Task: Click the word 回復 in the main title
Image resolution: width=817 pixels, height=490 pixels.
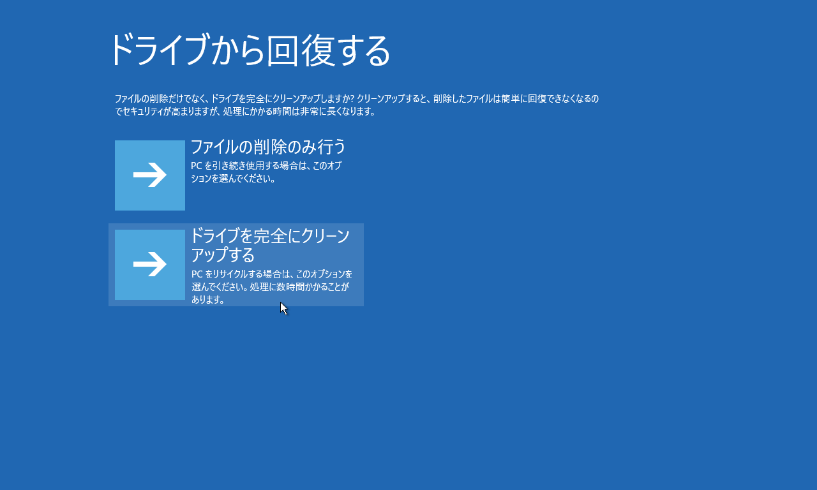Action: point(301,50)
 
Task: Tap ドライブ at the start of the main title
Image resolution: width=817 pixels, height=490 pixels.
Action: point(158,50)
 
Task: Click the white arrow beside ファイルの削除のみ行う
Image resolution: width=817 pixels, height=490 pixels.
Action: point(150,175)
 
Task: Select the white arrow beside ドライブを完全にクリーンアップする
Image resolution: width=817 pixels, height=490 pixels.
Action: point(150,264)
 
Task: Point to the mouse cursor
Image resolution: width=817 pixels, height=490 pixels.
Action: point(284,308)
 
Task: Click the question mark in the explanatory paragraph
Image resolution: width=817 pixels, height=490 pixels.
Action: point(352,98)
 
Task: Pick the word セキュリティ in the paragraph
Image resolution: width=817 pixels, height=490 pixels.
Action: point(142,112)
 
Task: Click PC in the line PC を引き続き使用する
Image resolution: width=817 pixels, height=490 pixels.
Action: point(196,166)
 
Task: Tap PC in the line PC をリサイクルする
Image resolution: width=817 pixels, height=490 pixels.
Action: point(197,274)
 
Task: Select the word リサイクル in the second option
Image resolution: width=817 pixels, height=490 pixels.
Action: point(230,274)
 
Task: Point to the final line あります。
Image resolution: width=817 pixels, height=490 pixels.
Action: point(207,300)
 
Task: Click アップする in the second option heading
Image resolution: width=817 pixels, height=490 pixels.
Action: point(223,255)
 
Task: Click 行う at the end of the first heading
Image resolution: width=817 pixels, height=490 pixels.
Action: point(329,147)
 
